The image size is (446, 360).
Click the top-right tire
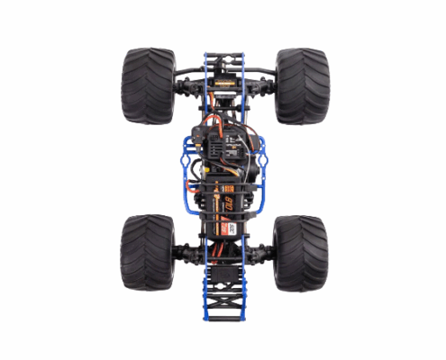pyautogui.click(x=300, y=85)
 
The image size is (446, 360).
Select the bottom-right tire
pyautogui.click(x=300, y=253)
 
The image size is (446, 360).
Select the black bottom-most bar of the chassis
pyautogui.click(x=223, y=320)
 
